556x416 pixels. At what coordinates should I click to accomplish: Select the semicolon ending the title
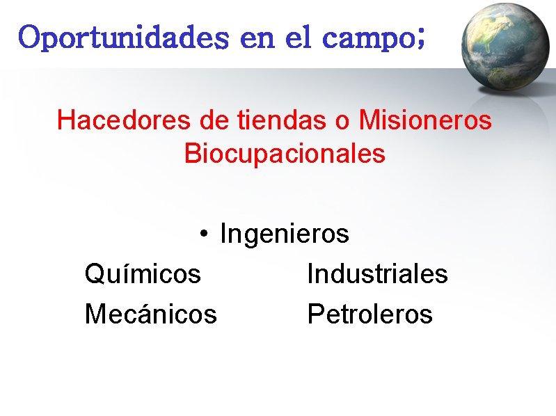click(419, 40)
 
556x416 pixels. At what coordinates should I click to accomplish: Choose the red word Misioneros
click(425, 120)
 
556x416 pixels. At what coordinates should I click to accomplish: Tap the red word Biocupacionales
click(285, 154)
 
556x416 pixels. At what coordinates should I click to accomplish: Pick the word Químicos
click(143, 274)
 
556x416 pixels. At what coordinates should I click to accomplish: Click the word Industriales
click(377, 274)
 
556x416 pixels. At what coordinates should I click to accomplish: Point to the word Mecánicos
click(150, 314)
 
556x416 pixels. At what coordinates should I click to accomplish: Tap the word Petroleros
click(370, 314)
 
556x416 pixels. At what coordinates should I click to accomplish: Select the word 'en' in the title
click(257, 40)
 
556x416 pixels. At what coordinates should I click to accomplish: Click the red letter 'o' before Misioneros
click(342, 122)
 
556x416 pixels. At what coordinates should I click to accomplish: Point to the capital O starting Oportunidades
click(30, 38)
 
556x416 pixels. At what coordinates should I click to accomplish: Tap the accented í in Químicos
click(125, 273)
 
